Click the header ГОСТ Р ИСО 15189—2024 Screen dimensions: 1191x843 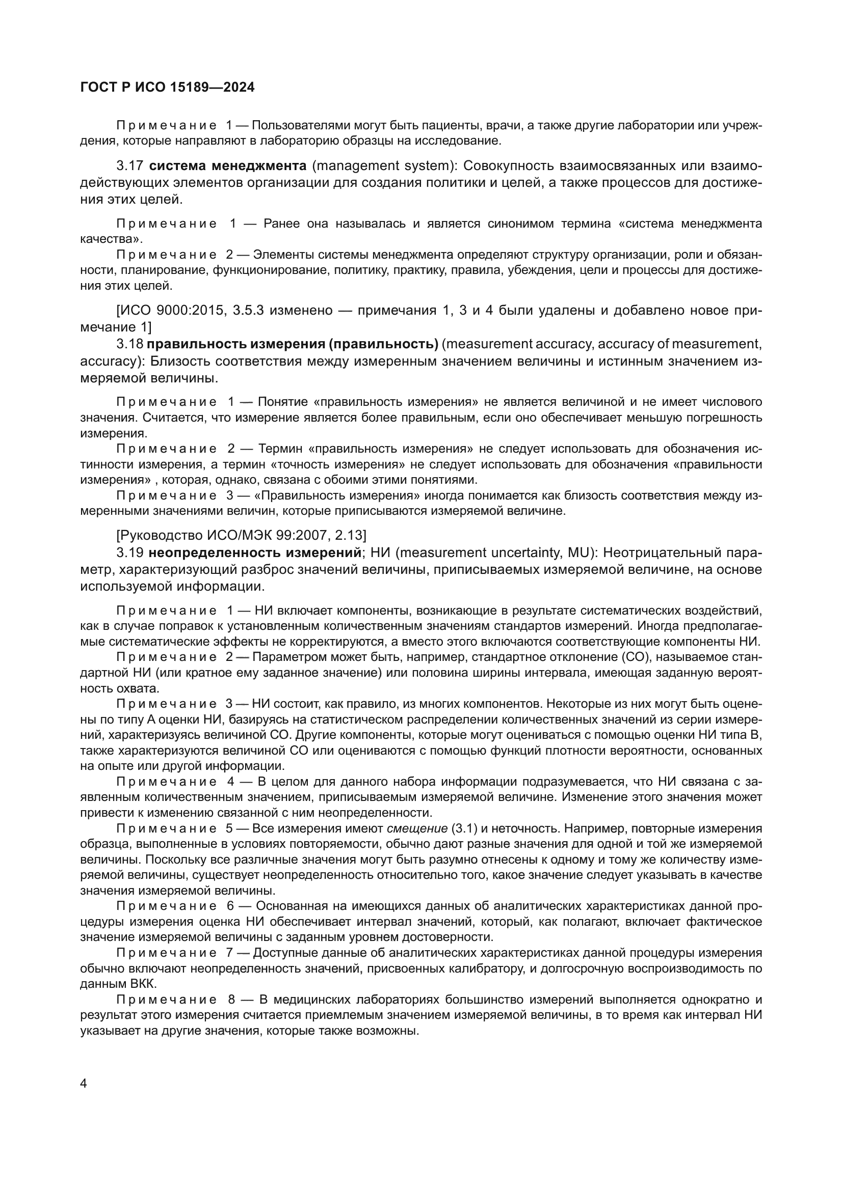[167, 87]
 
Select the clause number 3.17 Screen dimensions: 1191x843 [130, 166]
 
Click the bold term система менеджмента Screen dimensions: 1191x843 [228, 166]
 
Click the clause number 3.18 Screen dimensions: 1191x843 [130, 344]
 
